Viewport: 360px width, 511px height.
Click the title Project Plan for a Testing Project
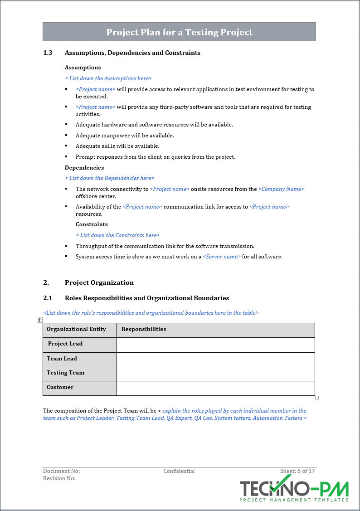coord(179,32)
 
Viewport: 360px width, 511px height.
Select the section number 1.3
coord(48,53)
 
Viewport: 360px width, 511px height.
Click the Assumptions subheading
coord(83,68)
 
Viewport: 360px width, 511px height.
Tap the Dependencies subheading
coord(84,168)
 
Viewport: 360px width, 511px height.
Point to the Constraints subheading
coord(92,224)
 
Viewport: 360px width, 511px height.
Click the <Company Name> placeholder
coord(281,189)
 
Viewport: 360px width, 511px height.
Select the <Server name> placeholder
coord(221,257)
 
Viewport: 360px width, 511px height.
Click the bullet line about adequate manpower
coord(125,136)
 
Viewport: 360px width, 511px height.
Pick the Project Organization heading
coord(99,283)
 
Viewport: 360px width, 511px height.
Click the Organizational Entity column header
coord(76,330)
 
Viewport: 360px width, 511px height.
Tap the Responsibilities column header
coord(144,330)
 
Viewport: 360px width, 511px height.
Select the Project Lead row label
coord(65,344)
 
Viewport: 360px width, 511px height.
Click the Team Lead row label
coord(62,359)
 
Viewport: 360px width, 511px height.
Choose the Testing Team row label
coord(65,373)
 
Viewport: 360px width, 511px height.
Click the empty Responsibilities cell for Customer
coord(215,388)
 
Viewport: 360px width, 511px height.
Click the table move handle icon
coord(40,320)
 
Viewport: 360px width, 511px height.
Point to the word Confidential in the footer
coord(179,471)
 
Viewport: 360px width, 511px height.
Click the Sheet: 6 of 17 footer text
coord(297,471)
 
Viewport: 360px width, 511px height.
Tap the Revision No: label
coord(59,478)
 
